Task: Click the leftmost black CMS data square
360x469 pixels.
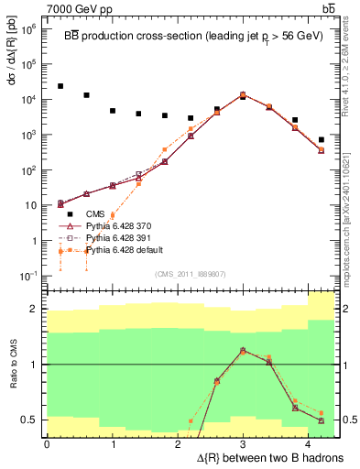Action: point(60,86)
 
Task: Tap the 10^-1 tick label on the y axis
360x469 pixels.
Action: point(30,276)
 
